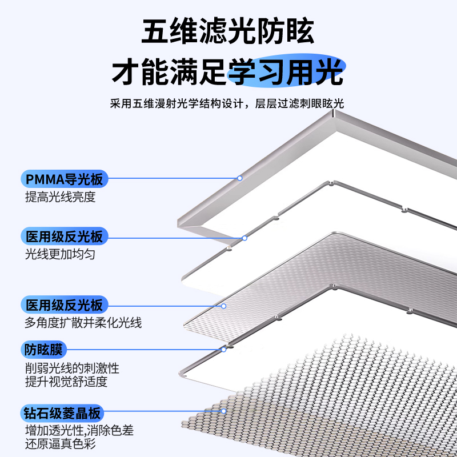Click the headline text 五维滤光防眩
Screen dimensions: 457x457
click(x=228, y=31)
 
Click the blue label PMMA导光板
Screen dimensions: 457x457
click(x=64, y=179)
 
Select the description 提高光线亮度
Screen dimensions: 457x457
click(x=60, y=198)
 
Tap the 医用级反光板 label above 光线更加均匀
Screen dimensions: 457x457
click(x=64, y=236)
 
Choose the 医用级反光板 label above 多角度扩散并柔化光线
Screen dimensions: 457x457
click(x=64, y=304)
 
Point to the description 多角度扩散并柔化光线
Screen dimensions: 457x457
click(x=83, y=323)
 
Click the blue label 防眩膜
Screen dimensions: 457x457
click(x=45, y=348)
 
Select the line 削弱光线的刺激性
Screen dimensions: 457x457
click(x=72, y=368)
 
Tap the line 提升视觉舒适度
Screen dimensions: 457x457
click(x=66, y=382)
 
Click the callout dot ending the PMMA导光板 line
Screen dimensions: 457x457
click(x=240, y=178)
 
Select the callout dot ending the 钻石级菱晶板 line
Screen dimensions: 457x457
click(x=224, y=411)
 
